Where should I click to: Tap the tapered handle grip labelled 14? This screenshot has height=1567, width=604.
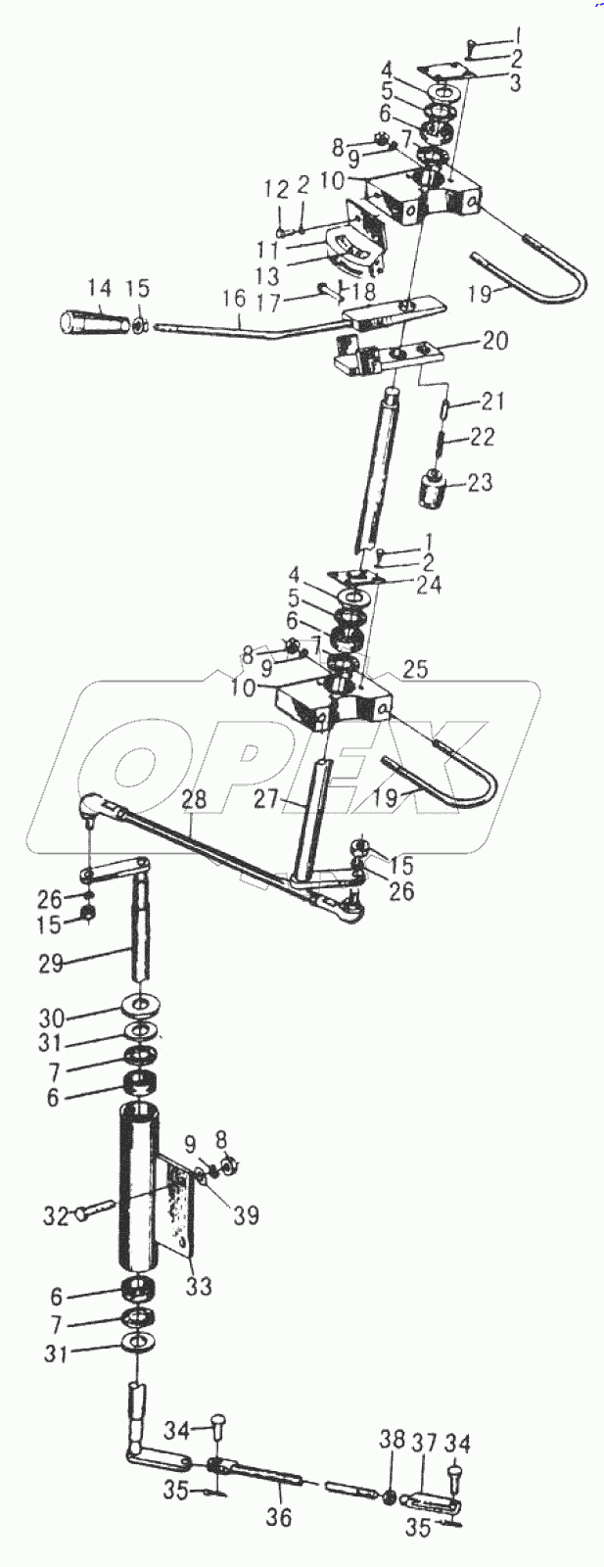[91, 320]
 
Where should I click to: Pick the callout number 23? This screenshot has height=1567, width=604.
[480, 483]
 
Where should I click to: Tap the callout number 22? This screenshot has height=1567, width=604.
[482, 437]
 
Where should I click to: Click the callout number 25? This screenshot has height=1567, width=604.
[415, 670]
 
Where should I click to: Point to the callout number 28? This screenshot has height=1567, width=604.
[194, 800]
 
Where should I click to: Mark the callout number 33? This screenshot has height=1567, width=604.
[198, 1286]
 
